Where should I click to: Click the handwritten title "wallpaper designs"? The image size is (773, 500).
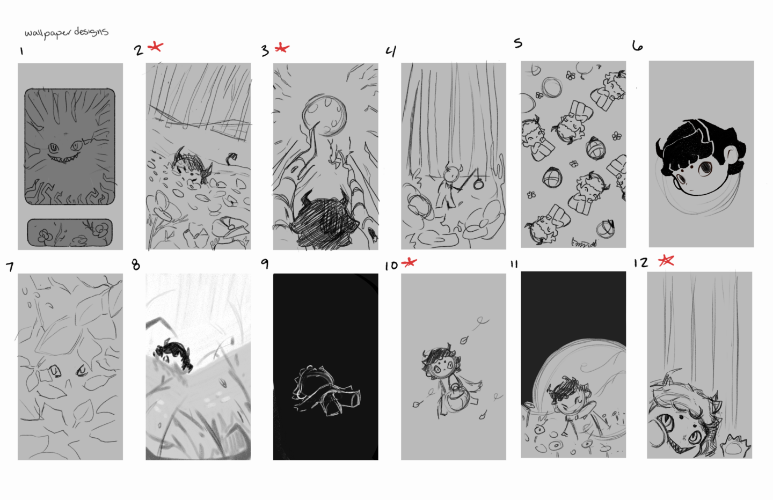point(67,33)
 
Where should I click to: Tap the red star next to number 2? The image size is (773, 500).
point(155,47)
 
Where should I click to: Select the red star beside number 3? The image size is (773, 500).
point(282,48)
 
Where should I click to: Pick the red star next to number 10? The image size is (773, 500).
point(409,263)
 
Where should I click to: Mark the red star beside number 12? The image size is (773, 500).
point(666,260)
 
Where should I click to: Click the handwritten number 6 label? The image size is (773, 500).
point(637,46)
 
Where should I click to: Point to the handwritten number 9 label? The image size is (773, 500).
point(265,264)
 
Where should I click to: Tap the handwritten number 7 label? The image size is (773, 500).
point(10,267)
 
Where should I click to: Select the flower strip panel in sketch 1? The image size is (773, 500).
point(70,232)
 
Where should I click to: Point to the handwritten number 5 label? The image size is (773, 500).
point(518,43)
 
